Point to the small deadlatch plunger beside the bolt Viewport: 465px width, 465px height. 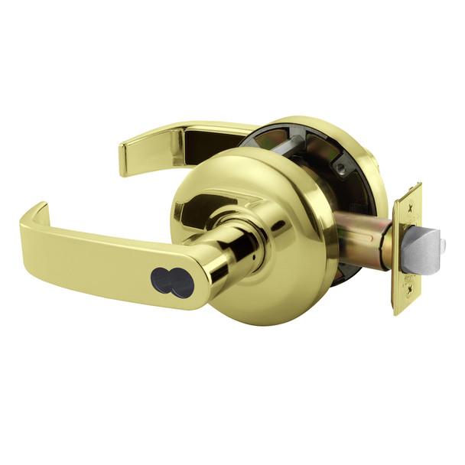(x=443, y=243)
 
